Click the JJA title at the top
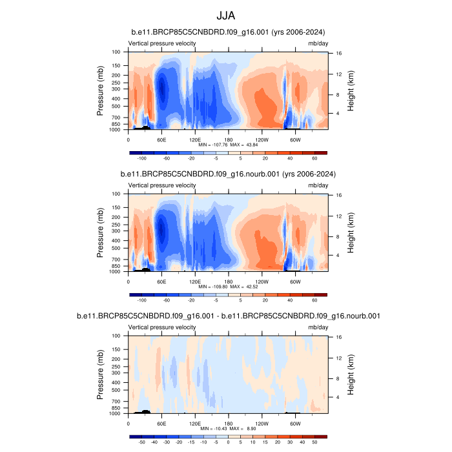[226, 16]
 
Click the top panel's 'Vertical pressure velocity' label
[162, 44]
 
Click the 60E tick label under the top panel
[161, 139]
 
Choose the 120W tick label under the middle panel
[262, 282]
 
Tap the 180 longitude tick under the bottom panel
[228, 424]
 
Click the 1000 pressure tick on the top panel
[117, 129]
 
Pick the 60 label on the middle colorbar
[314, 300]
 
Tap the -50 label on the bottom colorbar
[142, 442]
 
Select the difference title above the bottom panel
[227, 316]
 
